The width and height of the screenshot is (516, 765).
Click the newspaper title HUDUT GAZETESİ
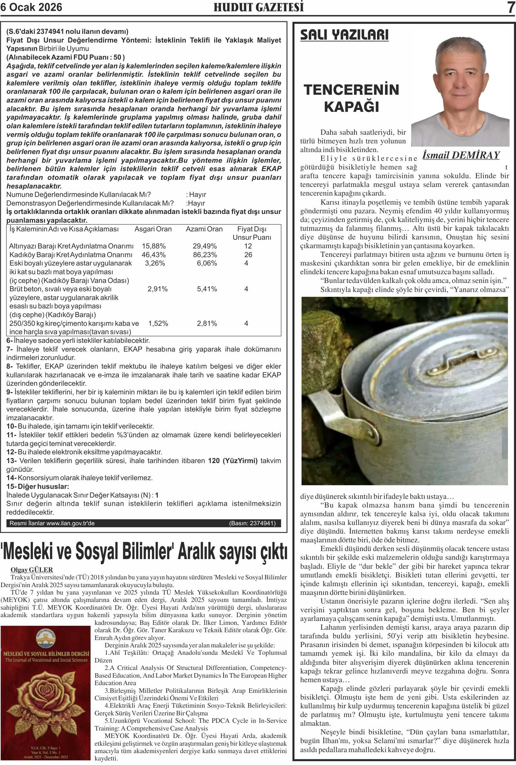259,7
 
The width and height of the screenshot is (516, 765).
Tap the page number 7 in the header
511,7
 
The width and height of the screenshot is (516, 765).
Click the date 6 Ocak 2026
31,7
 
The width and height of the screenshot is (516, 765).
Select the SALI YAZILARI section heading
344,34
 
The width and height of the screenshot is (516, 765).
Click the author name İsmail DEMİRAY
461,155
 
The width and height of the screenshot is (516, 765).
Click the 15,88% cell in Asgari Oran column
154,246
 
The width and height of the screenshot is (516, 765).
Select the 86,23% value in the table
205,255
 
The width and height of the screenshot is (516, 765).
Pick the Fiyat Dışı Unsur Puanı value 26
248,255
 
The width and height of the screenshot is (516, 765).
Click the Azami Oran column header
204,229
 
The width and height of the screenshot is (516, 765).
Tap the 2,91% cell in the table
158,289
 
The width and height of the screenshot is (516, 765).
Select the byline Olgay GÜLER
32,570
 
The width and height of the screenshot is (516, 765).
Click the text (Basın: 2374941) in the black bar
253,523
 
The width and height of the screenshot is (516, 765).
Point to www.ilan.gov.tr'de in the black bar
70,523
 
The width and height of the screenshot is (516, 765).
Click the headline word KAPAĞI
352,107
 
